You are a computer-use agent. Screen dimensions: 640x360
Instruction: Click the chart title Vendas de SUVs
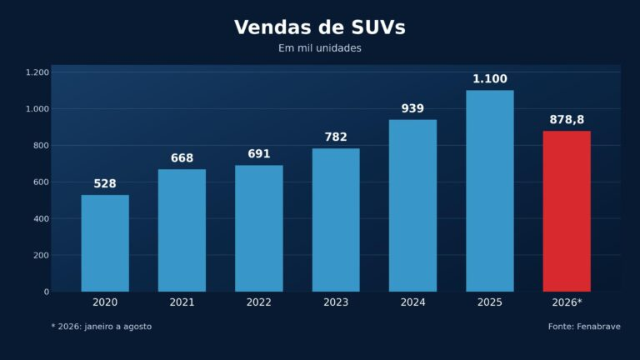[x=320, y=27]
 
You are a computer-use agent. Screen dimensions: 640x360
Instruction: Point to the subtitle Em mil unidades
[x=320, y=48]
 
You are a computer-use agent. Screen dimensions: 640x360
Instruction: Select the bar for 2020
[x=105, y=243]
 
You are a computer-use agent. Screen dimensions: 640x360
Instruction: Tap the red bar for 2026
[x=567, y=212]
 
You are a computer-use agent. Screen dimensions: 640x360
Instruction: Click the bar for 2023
[x=336, y=220]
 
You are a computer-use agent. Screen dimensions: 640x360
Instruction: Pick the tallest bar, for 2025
[x=490, y=191]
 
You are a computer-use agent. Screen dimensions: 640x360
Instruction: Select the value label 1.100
[x=490, y=79]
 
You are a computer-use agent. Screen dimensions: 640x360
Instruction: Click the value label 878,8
[x=567, y=120]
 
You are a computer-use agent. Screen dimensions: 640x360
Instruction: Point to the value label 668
[x=182, y=158]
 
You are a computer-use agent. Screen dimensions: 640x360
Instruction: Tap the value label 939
[x=412, y=108]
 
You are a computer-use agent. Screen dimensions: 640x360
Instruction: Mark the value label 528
[x=105, y=183]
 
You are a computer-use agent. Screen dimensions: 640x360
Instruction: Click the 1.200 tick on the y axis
[x=37, y=72]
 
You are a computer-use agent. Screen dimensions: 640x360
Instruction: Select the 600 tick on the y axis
[x=41, y=182]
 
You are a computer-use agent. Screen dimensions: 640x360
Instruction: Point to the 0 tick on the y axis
[x=47, y=292]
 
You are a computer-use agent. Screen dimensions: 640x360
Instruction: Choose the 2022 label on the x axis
[x=259, y=302]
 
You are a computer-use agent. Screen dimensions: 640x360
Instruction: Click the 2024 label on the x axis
[x=412, y=302]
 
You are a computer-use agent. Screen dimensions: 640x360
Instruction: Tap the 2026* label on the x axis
[x=567, y=302]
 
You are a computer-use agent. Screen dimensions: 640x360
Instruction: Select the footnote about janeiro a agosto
[x=101, y=327]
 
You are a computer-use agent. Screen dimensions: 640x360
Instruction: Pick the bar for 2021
[x=182, y=231]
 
